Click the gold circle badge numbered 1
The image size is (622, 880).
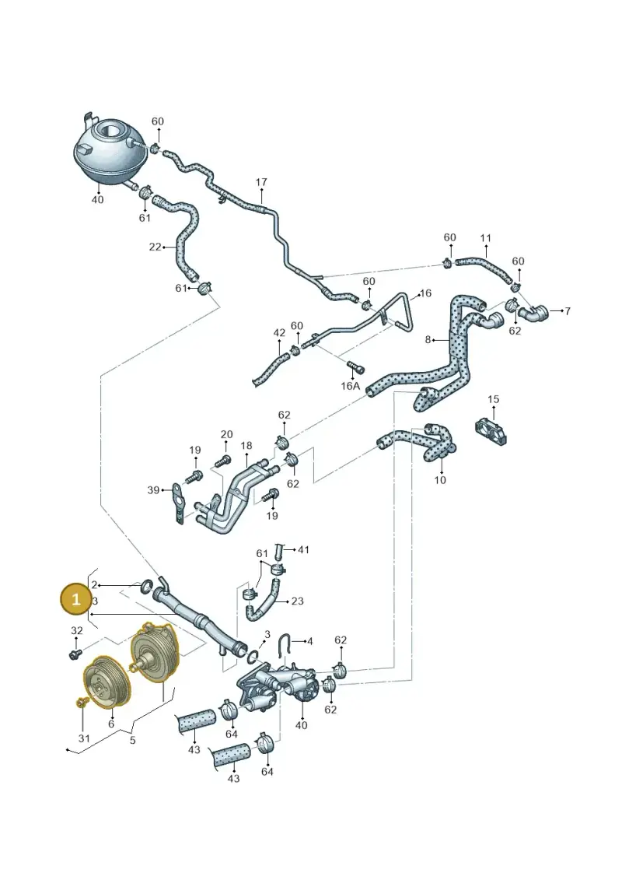point(76,599)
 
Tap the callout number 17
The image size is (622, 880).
point(261,182)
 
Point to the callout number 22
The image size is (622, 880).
point(155,247)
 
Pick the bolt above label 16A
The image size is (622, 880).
point(355,366)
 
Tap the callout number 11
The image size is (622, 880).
point(486,238)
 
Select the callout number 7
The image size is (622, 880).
point(568,310)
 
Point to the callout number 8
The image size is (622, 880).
point(428,339)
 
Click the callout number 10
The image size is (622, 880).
point(440,480)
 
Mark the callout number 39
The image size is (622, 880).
point(154,490)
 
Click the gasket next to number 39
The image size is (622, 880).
point(178,504)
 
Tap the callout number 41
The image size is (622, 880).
point(303,549)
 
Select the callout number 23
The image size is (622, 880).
point(297,601)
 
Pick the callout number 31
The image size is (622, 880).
point(83,738)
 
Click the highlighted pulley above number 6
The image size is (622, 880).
point(107,682)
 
